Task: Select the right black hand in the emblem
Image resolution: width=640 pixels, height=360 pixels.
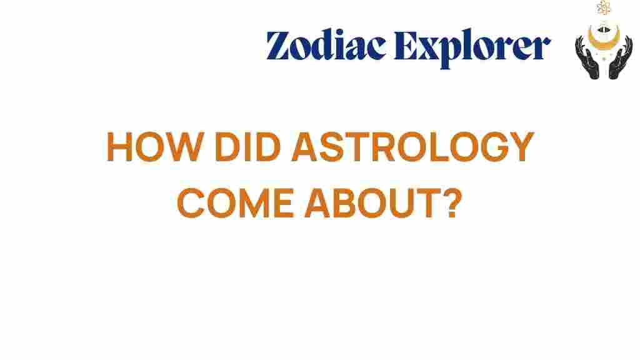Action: click(x=619, y=60)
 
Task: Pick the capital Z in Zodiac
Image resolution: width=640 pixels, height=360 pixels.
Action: click(x=279, y=46)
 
